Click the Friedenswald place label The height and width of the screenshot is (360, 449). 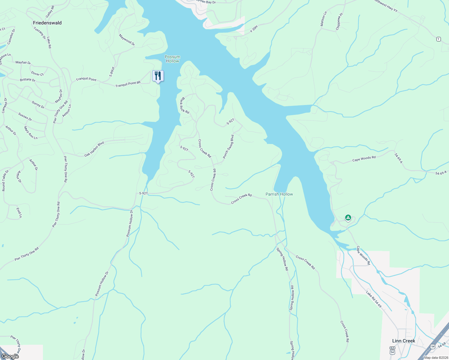(x=47, y=23)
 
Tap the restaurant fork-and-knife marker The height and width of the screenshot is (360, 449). (x=158, y=76)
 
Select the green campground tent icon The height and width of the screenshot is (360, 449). (x=348, y=217)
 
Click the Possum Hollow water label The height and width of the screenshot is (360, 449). (x=172, y=59)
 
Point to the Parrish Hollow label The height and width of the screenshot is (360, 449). (x=279, y=194)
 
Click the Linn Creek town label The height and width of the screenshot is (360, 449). (x=404, y=341)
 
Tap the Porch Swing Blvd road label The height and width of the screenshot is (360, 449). (x=228, y=147)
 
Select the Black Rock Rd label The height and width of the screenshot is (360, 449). (x=184, y=105)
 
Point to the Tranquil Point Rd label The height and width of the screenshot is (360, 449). (x=128, y=84)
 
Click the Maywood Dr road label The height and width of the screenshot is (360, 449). (x=127, y=40)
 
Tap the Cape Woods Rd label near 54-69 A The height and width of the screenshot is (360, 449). (x=364, y=159)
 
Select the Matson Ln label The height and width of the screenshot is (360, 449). (x=323, y=19)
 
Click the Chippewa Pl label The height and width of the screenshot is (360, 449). (x=339, y=21)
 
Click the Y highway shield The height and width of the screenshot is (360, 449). (x=438, y=39)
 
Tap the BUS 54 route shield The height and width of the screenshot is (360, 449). (x=392, y=350)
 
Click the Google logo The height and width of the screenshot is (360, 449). (x=10, y=356)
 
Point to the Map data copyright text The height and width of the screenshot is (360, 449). (x=435, y=357)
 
